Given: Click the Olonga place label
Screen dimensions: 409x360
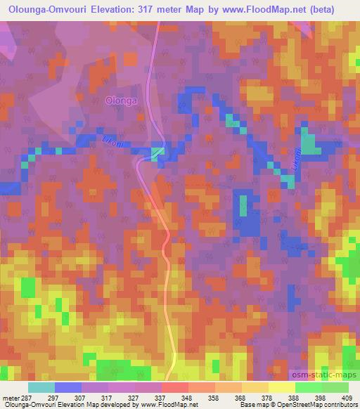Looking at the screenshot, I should click(120, 100).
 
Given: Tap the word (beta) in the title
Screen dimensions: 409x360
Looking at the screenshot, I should click(335, 8).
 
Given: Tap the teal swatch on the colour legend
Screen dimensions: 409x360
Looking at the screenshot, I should click(41, 387).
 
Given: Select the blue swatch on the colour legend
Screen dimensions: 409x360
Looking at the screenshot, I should click(68, 387).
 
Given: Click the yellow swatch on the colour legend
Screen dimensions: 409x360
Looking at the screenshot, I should click(281, 387).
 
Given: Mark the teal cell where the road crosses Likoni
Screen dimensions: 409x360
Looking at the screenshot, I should click(158, 150).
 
